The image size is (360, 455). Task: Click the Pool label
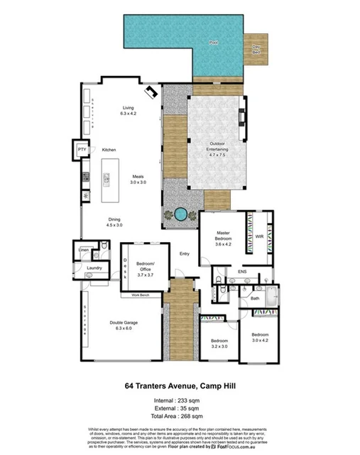pos(213,43)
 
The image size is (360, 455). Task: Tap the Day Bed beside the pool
pos(256,49)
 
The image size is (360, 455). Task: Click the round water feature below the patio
pos(180,213)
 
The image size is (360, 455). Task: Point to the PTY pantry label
pos(82,150)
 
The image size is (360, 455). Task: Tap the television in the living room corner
pos(151,92)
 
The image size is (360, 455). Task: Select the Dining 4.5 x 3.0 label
pos(114,221)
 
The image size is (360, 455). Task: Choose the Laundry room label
pos(94,268)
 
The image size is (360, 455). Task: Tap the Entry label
pos(185,253)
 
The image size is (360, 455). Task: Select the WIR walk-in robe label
pos(260,236)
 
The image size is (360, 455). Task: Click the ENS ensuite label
pos(241,271)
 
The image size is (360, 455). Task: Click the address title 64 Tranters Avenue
pos(180,386)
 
